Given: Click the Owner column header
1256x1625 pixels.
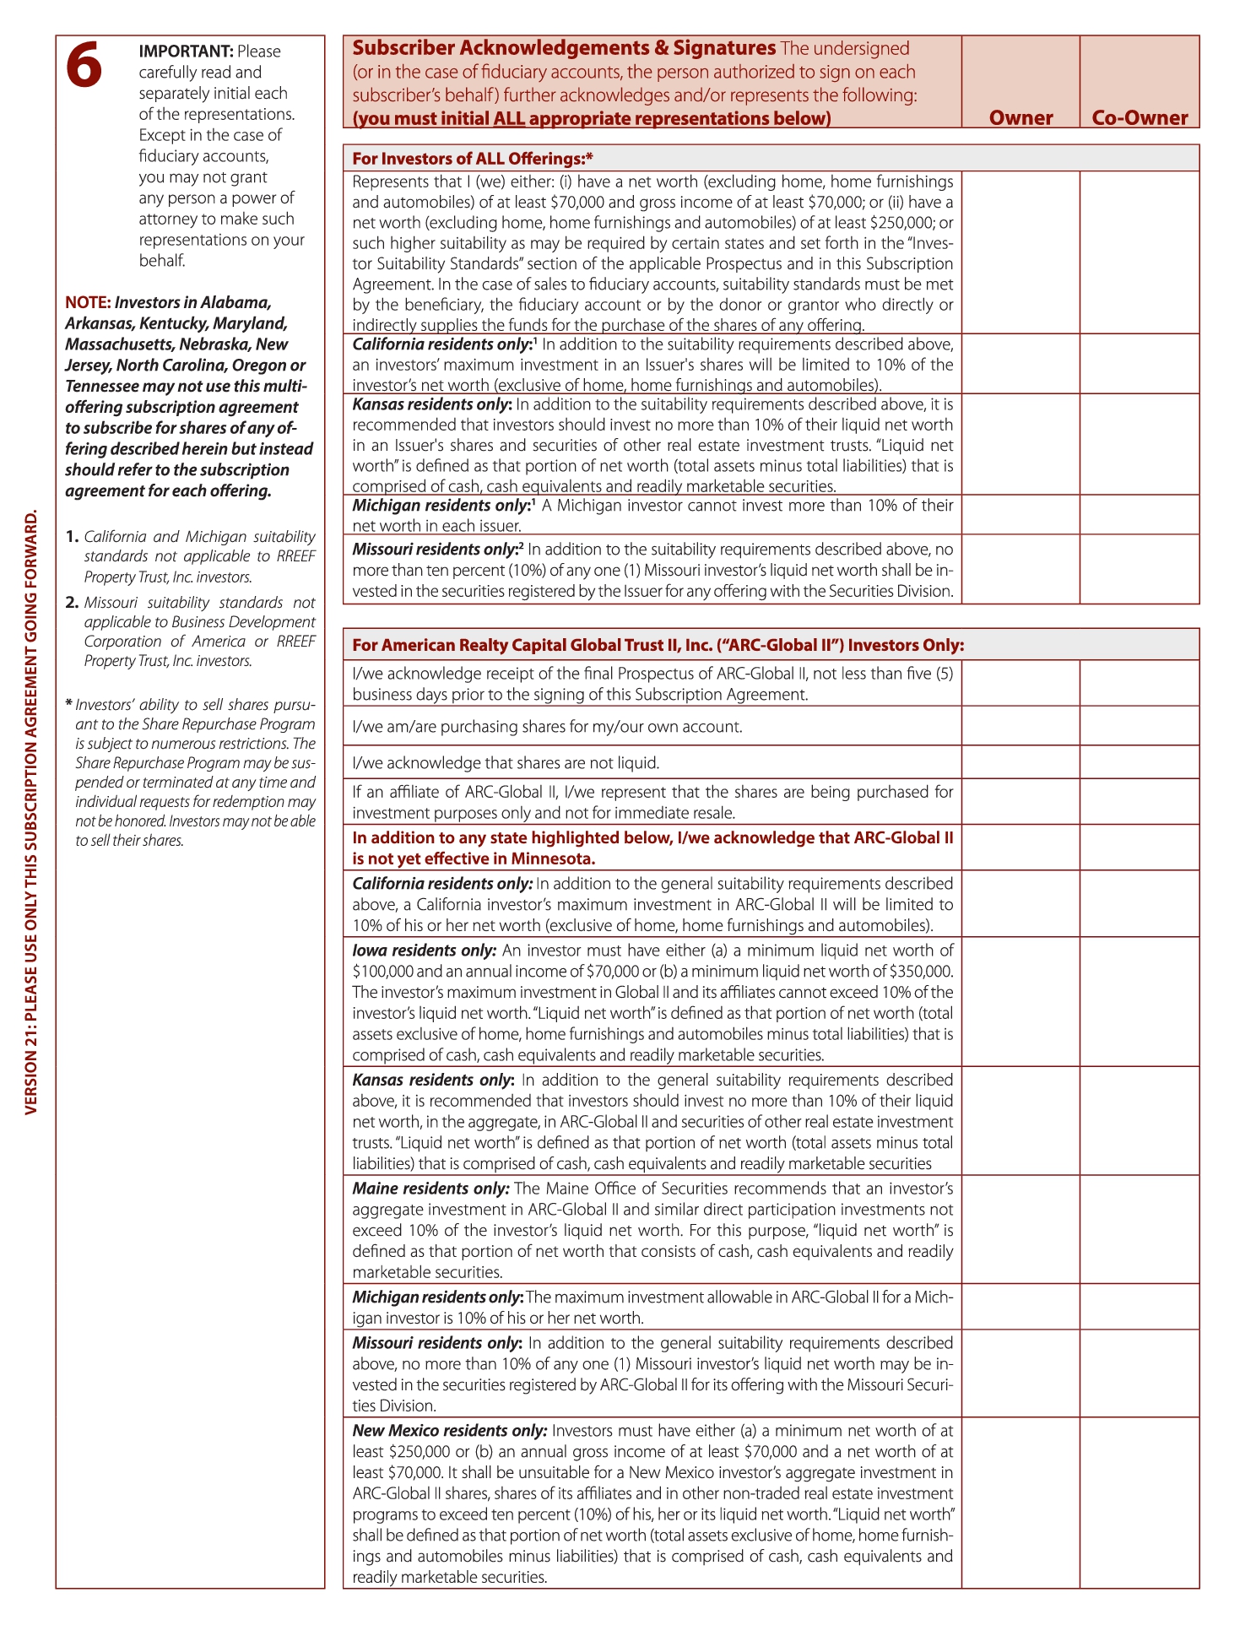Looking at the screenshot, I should click(1020, 117).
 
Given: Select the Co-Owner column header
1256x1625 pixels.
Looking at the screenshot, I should click(1140, 117).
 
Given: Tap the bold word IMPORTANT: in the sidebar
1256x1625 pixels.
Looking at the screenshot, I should click(186, 51).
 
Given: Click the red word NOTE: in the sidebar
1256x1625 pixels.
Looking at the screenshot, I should click(88, 302).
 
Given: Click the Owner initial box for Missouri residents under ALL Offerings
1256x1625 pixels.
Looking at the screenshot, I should click(1020, 569).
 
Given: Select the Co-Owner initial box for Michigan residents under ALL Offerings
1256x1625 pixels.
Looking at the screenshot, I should click(1140, 514).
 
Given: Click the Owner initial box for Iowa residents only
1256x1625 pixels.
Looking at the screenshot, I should click(1020, 1001).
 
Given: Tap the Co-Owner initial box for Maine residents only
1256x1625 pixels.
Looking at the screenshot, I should click(1140, 1229).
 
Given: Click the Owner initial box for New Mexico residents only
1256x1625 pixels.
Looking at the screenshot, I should click(1020, 1503).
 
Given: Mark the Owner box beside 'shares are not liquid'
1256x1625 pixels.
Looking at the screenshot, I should click(1020, 761).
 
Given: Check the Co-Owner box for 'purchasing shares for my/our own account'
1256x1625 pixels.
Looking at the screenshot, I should click(1140, 725).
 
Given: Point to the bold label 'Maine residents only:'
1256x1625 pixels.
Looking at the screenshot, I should click(430, 1189).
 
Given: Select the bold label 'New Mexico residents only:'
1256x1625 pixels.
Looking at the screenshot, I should click(450, 1431).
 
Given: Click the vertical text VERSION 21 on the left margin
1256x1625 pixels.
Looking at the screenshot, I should click(31, 810).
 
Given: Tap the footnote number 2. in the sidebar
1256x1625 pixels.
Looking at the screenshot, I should click(73, 603).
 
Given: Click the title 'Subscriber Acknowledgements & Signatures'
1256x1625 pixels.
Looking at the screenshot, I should click(563, 48).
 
